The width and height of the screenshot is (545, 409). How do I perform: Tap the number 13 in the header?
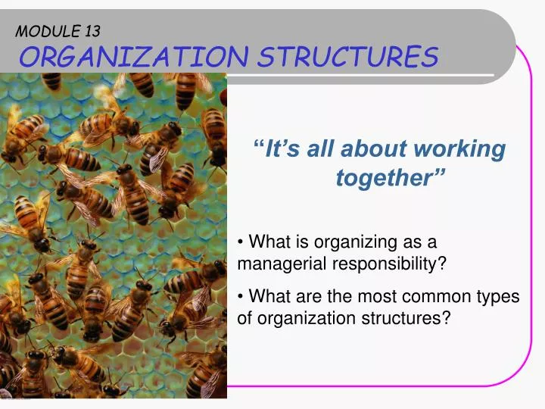tap(89, 31)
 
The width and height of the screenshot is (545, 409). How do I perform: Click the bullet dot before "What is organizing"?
tap(241, 242)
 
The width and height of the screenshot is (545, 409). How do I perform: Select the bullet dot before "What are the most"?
tap(241, 296)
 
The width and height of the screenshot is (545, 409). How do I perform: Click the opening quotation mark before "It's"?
tap(261, 146)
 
